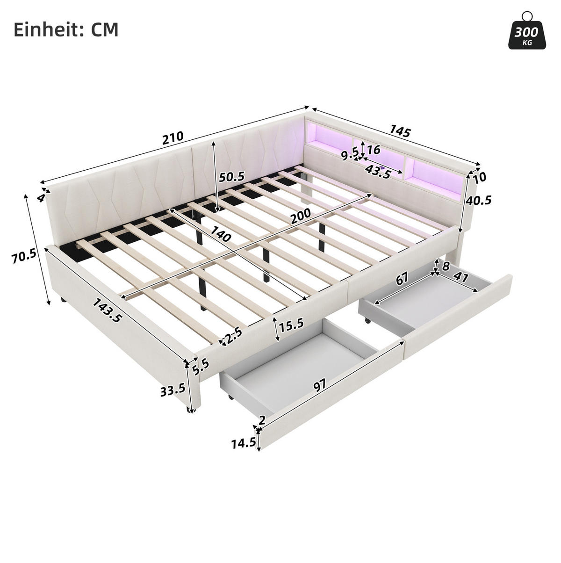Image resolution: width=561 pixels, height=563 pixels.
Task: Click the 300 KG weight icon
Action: point(527,35)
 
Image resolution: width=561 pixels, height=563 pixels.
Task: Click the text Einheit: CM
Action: point(66,30)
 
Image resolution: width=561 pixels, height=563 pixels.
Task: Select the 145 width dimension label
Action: point(400,131)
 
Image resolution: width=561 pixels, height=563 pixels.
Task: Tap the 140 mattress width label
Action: point(220,233)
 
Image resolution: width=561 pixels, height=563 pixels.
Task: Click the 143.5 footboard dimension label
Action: point(107,310)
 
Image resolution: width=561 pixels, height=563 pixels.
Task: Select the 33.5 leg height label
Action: point(173,390)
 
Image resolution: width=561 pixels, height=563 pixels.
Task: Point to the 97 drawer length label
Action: point(319,386)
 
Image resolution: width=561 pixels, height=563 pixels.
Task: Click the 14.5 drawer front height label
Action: point(244,452)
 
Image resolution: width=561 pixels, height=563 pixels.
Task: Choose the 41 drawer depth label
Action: point(461,277)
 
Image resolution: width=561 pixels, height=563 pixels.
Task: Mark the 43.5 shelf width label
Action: point(378,171)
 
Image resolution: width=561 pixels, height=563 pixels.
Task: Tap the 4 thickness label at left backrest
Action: point(41,198)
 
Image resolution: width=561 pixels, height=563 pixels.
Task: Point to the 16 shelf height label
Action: point(374,150)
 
